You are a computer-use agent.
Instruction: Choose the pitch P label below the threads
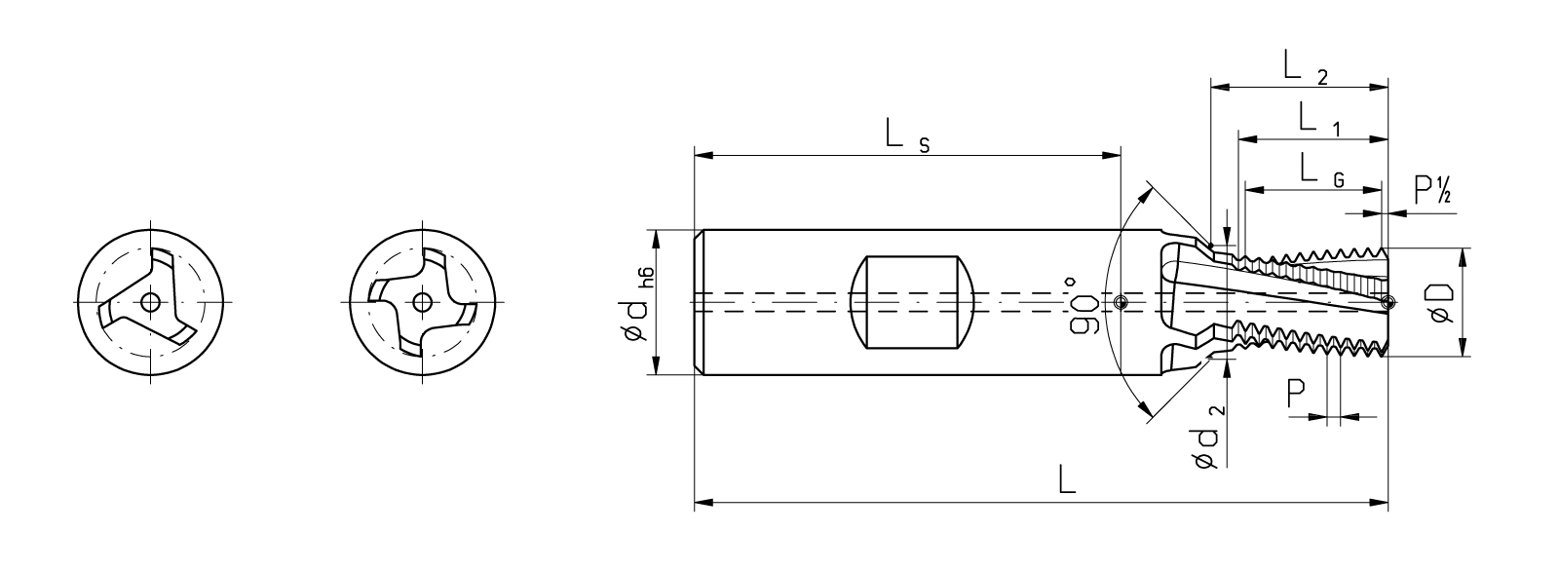1295,394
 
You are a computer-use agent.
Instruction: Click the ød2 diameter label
1208,441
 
